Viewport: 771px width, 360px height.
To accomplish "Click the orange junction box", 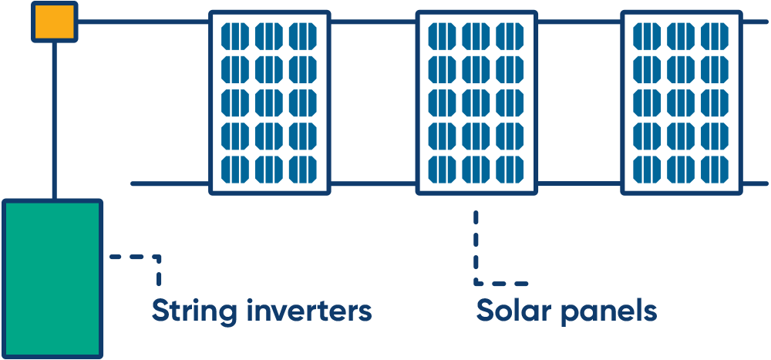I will (54, 22).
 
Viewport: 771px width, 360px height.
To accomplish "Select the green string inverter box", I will (52, 278).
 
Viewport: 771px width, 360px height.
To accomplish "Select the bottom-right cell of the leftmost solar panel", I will (303, 169).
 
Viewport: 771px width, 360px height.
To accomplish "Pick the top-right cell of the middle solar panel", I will (510, 35).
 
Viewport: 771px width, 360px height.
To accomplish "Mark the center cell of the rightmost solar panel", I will (681, 102).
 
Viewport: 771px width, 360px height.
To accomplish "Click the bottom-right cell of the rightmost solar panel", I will (715, 169).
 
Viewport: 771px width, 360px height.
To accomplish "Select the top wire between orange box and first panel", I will (143, 22).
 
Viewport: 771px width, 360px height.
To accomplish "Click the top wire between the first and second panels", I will (373, 22).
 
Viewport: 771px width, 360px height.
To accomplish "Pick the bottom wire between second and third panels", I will (579, 184).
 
